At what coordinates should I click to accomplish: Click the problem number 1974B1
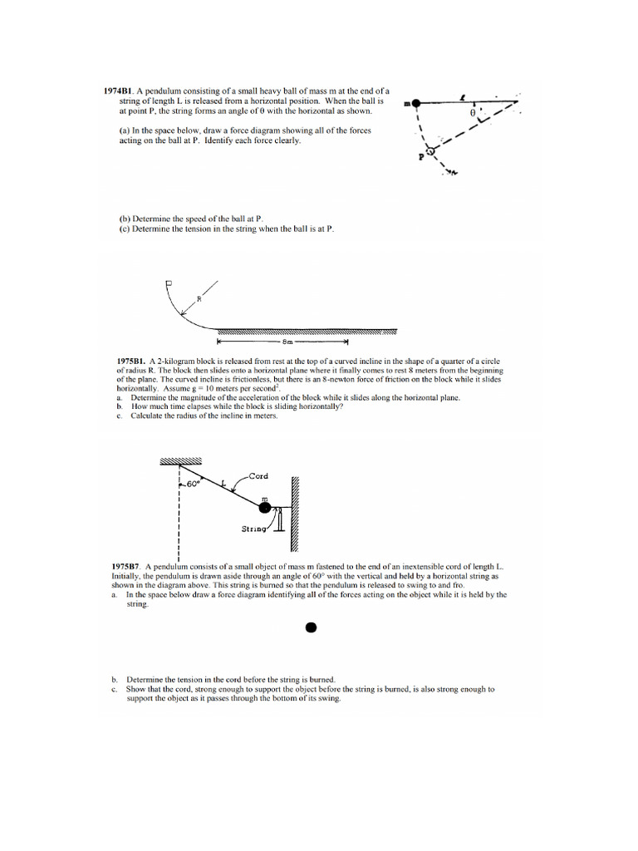click(117, 91)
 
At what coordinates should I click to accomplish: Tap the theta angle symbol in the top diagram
click(473, 112)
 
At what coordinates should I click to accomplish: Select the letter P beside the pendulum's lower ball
click(420, 155)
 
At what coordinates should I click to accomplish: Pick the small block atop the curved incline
click(169, 283)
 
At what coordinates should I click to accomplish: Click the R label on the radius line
click(199, 299)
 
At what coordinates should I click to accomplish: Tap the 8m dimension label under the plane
click(287, 341)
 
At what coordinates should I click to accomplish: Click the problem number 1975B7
click(126, 566)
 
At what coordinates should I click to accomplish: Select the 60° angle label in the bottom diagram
click(193, 484)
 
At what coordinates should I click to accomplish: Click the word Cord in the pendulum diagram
click(258, 476)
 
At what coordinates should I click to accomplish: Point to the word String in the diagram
click(253, 528)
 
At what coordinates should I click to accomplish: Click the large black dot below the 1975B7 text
click(311, 627)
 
